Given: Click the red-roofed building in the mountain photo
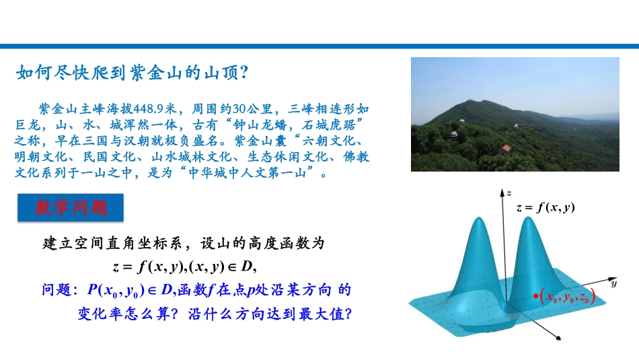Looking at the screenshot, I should (x=506, y=148).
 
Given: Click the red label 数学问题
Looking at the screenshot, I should (x=71, y=209).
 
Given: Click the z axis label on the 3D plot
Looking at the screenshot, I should (x=511, y=184).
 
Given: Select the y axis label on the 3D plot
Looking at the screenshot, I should (x=614, y=285).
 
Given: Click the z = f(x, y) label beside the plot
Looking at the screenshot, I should (x=546, y=208).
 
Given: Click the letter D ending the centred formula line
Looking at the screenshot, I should (x=245, y=266).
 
